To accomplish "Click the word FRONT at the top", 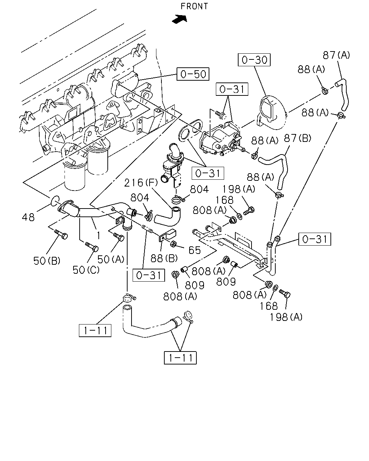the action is [x=194, y=6].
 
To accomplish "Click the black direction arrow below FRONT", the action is [x=180, y=19].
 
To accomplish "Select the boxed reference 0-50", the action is [x=193, y=74].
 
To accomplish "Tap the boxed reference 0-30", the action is [x=254, y=60].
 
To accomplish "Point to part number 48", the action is [x=28, y=217].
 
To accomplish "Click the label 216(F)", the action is [x=141, y=183].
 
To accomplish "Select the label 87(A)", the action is [x=336, y=55].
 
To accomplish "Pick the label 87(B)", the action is [x=297, y=138].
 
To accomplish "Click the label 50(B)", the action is [x=47, y=261].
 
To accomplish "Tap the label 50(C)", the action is [x=86, y=270].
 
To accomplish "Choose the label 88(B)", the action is [x=164, y=259].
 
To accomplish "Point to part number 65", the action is [x=195, y=250].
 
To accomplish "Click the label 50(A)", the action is [x=111, y=259].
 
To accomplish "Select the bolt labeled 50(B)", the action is [x=61, y=234].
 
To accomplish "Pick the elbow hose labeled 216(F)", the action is [x=168, y=217].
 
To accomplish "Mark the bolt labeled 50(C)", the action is [x=92, y=247].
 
